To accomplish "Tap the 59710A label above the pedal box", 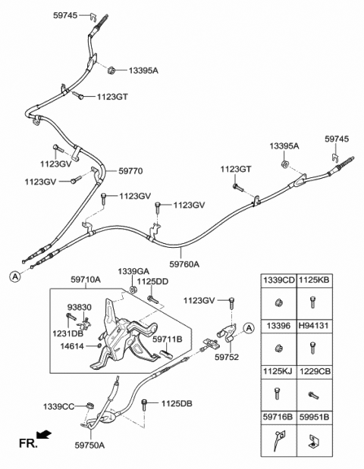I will [86, 280].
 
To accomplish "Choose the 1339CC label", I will [58, 407].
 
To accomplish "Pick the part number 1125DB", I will [176, 403].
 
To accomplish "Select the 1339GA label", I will [133, 271].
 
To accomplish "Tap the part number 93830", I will [80, 307].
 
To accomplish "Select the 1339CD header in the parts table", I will [278, 280].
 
